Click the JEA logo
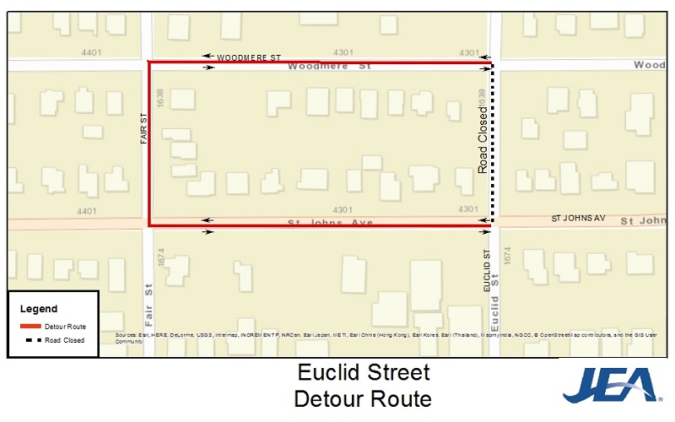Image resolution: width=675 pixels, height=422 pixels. point(609,384)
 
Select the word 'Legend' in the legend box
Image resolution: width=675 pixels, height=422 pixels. point(39,309)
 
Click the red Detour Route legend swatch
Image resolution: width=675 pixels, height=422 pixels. point(30,326)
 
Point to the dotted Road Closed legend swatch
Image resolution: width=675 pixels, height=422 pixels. point(30,339)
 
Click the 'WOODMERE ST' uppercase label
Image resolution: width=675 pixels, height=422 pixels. point(248,57)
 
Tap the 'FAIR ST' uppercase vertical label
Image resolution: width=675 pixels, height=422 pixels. point(144,129)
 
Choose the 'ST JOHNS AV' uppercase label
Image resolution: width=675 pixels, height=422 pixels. point(579,218)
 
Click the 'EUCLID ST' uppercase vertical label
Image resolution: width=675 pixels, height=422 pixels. point(487,271)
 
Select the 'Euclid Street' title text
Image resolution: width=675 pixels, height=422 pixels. point(364,372)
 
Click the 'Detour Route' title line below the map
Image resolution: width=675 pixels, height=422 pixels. point(363,398)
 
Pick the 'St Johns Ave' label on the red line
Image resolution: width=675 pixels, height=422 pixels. point(331,223)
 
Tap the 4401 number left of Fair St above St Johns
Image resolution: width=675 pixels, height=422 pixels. point(86,210)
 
